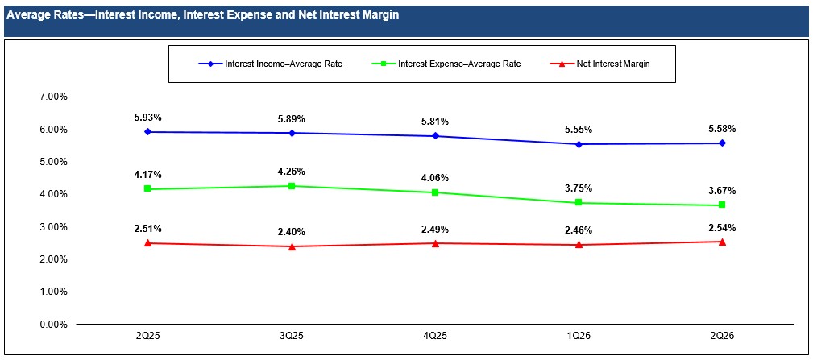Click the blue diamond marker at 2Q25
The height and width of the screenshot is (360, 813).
(x=147, y=132)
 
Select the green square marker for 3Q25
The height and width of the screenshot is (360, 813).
(x=292, y=186)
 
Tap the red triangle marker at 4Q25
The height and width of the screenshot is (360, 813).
(x=436, y=243)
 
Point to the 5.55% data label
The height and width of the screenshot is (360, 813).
(x=579, y=130)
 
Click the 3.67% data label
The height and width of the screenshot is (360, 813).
(x=722, y=191)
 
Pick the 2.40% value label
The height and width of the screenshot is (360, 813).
(x=292, y=233)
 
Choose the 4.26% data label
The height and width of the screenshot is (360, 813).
(x=292, y=172)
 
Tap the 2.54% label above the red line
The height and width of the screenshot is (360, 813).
(x=722, y=227)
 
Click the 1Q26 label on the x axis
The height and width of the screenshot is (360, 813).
(x=579, y=337)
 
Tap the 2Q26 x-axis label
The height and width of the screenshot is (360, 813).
(x=722, y=337)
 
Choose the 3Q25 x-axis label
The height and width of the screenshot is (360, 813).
(x=292, y=337)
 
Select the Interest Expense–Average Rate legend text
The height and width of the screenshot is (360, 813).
(x=459, y=64)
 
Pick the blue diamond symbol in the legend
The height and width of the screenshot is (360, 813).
(x=210, y=64)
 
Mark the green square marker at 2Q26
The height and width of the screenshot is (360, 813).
(x=722, y=205)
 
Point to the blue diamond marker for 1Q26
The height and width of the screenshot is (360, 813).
(x=579, y=144)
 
